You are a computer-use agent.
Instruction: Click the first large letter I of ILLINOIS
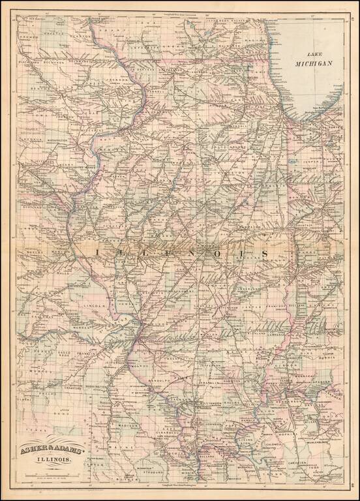[98, 251]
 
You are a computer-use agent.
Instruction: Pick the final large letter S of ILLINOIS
[265, 251]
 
